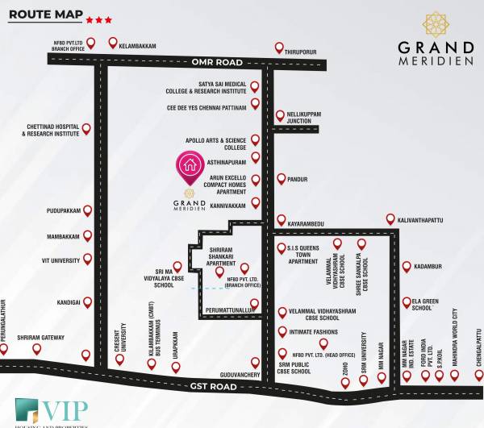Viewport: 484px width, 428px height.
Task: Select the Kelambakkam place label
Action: [x=137, y=47]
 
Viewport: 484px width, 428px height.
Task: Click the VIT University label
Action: [x=60, y=260]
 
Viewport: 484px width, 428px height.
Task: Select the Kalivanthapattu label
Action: [x=424, y=219]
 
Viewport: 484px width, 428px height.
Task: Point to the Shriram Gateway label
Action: [x=40, y=337]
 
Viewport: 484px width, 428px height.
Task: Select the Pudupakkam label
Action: [x=65, y=210]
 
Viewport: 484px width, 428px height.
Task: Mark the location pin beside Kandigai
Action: [x=86, y=302]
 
